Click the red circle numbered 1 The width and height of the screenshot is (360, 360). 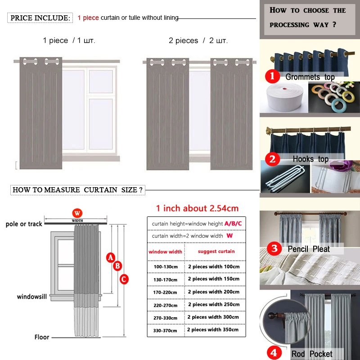[x=272, y=76]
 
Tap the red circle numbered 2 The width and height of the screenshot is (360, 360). [x=272, y=158]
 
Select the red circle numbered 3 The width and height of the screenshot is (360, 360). [x=274, y=248]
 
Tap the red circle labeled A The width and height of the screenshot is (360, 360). [x=110, y=257]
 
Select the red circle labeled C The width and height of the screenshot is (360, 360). [x=124, y=279]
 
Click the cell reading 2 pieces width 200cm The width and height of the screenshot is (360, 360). [x=213, y=292]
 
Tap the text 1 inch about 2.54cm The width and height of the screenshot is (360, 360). [x=197, y=208]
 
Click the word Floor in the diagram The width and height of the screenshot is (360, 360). [x=42, y=337]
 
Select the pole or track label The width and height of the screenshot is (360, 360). [x=24, y=224]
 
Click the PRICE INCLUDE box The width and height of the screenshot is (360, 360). [x=40, y=18]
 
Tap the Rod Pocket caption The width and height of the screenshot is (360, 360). [x=311, y=354]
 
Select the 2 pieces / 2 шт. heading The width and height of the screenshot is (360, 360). [x=198, y=40]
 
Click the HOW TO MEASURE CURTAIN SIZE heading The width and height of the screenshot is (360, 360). [x=77, y=190]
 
